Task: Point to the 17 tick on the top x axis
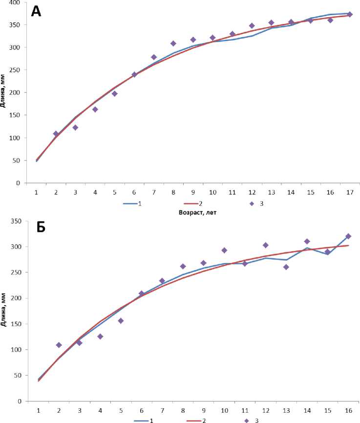[x=350, y=193]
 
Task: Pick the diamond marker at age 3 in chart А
[x=75, y=128]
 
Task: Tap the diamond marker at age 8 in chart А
[x=173, y=44]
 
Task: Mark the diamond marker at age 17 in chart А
[x=350, y=14]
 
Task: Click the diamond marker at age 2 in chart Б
[x=59, y=345]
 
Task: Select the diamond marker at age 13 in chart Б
[x=286, y=267]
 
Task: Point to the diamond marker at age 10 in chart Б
[x=224, y=250]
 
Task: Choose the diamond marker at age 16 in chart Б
[x=348, y=236]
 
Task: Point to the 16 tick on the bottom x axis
[x=348, y=411]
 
